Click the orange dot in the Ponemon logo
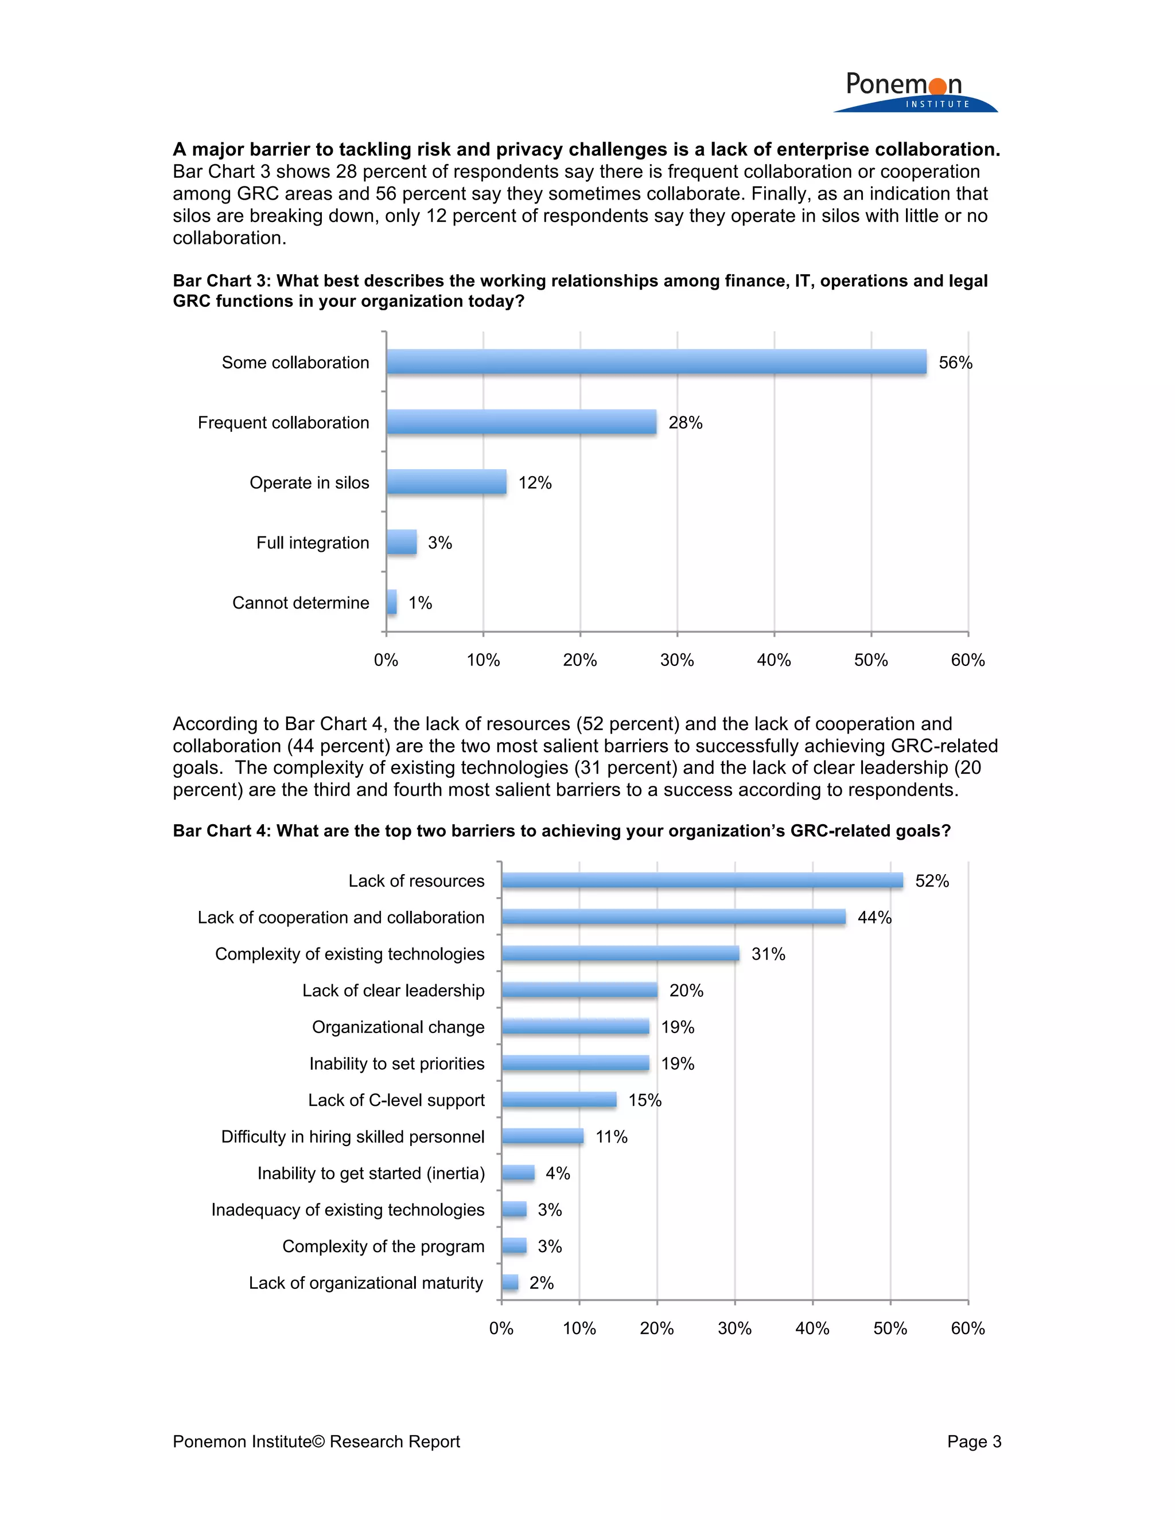(x=937, y=86)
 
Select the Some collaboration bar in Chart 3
(x=656, y=362)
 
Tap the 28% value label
(x=685, y=423)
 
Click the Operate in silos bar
(x=446, y=482)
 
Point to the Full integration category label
(x=313, y=543)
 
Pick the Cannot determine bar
(x=392, y=602)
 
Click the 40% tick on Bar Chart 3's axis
(x=774, y=660)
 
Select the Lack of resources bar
(x=702, y=880)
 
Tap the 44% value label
(x=874, y=917)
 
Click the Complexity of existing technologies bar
(x=620, y=953)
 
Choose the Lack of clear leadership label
(x=393, y=991)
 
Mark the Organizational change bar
(x=575, y=1027)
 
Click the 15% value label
(x=644, y=1100)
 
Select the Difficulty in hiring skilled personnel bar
(x=542, y=1136)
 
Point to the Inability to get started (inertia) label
(x=371, y=1174)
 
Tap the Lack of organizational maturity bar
(x=510, y=1282)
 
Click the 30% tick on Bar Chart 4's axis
(x=734, y=1328)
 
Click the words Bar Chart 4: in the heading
(x=221, y=831)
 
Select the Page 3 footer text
(x=974, y=1441)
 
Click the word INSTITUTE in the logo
(x=937, y=104)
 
